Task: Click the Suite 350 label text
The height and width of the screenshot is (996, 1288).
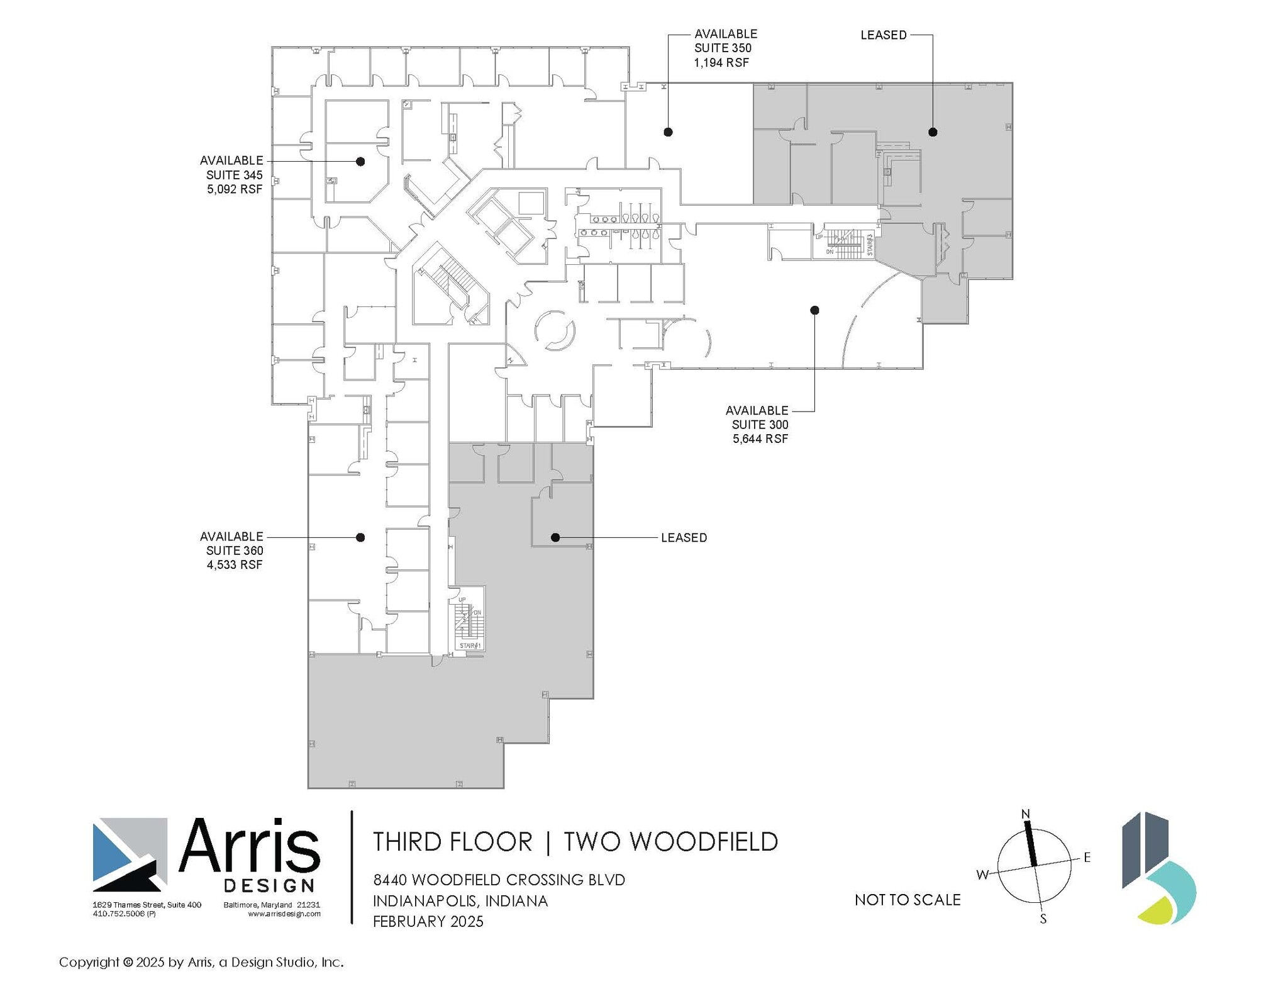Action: click(723, 48)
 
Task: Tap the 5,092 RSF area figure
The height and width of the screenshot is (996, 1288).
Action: click(235, 189)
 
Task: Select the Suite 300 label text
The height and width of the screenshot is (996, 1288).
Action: click(760, 425)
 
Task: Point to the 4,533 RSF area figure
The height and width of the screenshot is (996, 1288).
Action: click(235, 564)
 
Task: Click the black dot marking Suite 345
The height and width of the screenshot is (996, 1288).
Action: click(360, 162)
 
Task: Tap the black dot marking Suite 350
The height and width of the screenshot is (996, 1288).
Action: click(669, 132)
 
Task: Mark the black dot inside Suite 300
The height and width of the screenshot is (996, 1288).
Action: click(814, 310)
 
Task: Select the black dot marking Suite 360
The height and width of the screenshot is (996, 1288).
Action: click(360, 537)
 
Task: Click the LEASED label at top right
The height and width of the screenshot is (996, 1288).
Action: click(884, 35)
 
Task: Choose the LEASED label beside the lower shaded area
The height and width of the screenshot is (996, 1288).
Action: click(684, 538)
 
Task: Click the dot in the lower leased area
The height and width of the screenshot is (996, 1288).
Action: click(555, 537)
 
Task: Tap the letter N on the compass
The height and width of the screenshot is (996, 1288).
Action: click(1026, 814)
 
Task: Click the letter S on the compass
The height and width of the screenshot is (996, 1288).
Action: click(1043, 919)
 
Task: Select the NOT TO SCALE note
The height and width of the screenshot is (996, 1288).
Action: click(908, 900)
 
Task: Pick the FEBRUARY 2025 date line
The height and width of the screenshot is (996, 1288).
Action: click(428, 922)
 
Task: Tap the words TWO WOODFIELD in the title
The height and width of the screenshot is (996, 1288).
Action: click(670, 842)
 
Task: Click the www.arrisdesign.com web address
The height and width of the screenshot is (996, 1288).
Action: click(284, 914)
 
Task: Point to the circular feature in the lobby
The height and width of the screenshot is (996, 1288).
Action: click(555, 330)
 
